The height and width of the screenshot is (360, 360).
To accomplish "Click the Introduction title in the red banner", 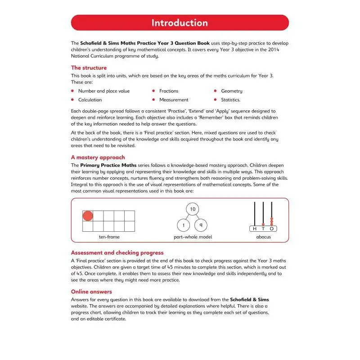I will (180, 23).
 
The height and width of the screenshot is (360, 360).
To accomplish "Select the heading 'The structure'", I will (89, 68).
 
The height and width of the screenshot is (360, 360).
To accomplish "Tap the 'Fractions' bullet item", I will (169, 91).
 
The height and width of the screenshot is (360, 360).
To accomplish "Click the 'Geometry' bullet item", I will (231, 91).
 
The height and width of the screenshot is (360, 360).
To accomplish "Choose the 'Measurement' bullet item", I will (174, 100).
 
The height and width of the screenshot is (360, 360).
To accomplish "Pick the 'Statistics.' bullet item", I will (230, 100).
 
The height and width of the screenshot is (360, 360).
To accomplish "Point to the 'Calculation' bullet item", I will (90, 100).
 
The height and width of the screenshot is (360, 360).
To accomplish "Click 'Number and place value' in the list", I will (103, 91).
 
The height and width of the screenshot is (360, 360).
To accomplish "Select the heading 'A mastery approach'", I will (98, 157).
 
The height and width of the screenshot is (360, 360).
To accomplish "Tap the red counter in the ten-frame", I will (88, 216).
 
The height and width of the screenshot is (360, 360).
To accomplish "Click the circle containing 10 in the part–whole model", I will (193, 209).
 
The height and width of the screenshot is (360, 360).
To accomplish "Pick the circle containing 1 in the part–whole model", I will (182, 225).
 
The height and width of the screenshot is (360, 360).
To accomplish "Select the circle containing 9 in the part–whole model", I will (202, 225).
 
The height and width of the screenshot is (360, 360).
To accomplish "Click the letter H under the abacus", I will (255, 229).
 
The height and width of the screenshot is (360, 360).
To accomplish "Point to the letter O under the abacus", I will (271, 229).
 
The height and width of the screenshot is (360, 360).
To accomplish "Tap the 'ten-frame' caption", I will (109, 237).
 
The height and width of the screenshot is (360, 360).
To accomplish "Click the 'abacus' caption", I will (263, 237).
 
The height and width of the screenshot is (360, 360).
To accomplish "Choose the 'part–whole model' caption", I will (193, 237).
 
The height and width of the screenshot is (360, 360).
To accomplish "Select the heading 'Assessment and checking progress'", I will (117, 253).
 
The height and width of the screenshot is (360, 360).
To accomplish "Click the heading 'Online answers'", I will (91, 292).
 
